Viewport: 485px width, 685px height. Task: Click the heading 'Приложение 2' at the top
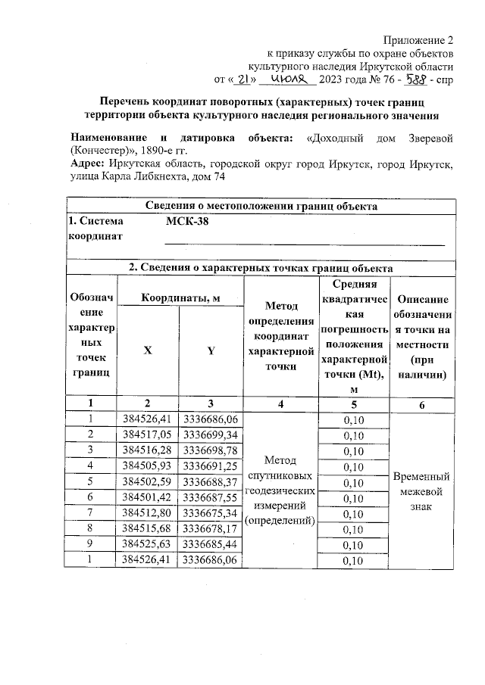(418, 39)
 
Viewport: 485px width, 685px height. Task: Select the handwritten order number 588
(415, 78)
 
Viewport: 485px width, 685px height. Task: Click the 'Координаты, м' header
(179, 298)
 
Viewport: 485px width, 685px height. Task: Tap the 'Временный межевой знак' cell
(422, 492)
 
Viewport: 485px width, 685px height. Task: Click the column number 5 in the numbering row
(349, 404)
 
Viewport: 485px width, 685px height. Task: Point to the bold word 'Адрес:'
(87, 163)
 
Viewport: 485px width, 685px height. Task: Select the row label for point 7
(90, 513)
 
